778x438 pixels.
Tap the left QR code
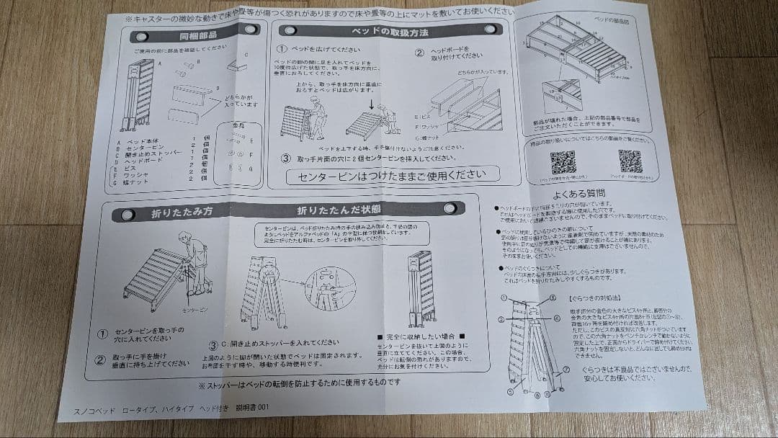point(563,162)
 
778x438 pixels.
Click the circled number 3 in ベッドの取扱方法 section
point(285,158)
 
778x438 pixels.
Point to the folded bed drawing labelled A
point(142,94)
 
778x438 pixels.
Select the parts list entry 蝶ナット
point(141,182)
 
